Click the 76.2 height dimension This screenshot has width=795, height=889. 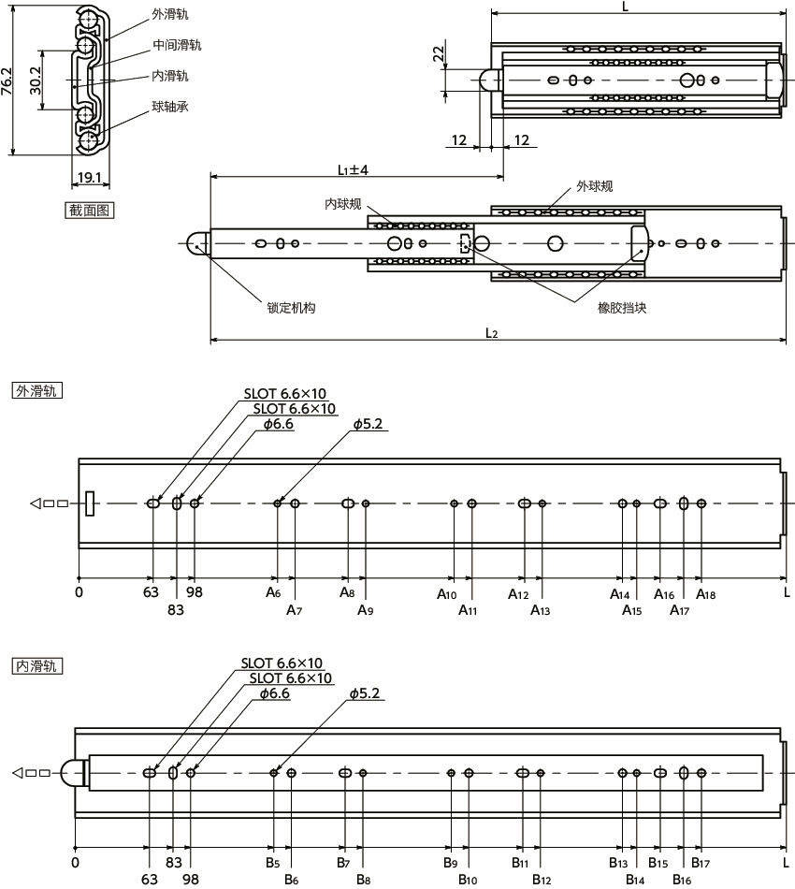coord(7,82)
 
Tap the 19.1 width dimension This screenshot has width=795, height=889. coord(90,177)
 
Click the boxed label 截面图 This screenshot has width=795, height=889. coord(89,211)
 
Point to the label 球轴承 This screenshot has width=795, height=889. coord(170,107)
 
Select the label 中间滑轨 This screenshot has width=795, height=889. coord(177,45)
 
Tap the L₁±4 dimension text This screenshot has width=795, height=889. coord(353,170)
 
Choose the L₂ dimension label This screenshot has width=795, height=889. coord(493,333)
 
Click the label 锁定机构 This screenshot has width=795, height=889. coord(291,307)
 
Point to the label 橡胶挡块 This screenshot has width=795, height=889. coord(622,307)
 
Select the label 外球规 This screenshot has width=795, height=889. coord(594,186)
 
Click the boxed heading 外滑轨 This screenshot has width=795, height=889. coord(36,391)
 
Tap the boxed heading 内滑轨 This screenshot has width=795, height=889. coord(36,666)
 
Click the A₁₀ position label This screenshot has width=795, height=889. coord(447,594)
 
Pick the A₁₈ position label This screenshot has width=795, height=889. coord(705,594)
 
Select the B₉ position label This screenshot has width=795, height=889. coord(450,862)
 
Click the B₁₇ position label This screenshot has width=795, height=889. coord(700,862)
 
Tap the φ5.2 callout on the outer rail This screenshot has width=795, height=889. coord(369,424)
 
